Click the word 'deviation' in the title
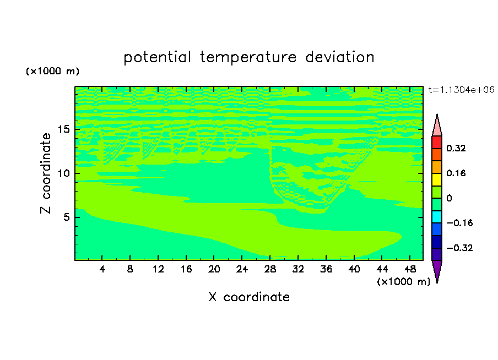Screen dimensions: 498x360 click(x=340, y=57)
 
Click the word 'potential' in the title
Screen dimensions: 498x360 click(x=157, y=58)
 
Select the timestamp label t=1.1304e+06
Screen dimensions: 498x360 click(x=461, y=90)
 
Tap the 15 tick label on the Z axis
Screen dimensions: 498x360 click(x=63, y=129)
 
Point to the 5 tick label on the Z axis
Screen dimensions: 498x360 click(x=66, y=217)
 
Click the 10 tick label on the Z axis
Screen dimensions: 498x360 click(x=63, y=173)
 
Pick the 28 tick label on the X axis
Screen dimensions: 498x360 click(x=270, y=269)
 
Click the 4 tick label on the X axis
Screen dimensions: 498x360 click(x=102, y=269)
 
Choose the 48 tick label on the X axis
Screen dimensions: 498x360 click(x=410, y=269)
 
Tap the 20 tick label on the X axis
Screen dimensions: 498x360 click(x=214, y=269)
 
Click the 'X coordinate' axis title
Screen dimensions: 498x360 click(x=249, y=297)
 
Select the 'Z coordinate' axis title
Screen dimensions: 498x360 click(x=45, y=173)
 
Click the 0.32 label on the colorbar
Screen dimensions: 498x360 click(x=456, y=148)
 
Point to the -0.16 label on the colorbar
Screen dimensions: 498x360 click(x=459, y=223)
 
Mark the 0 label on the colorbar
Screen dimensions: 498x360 click(x=449, y=198)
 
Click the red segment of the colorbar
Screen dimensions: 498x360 click(x=437, y=142)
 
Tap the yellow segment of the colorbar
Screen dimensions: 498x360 click(x=437, y=179)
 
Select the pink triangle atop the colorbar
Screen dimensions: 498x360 click(x=437, y=126)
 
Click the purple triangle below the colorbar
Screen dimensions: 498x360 click(x=437, y=271)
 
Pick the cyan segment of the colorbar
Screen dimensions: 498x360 click(x=437, y=216)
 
